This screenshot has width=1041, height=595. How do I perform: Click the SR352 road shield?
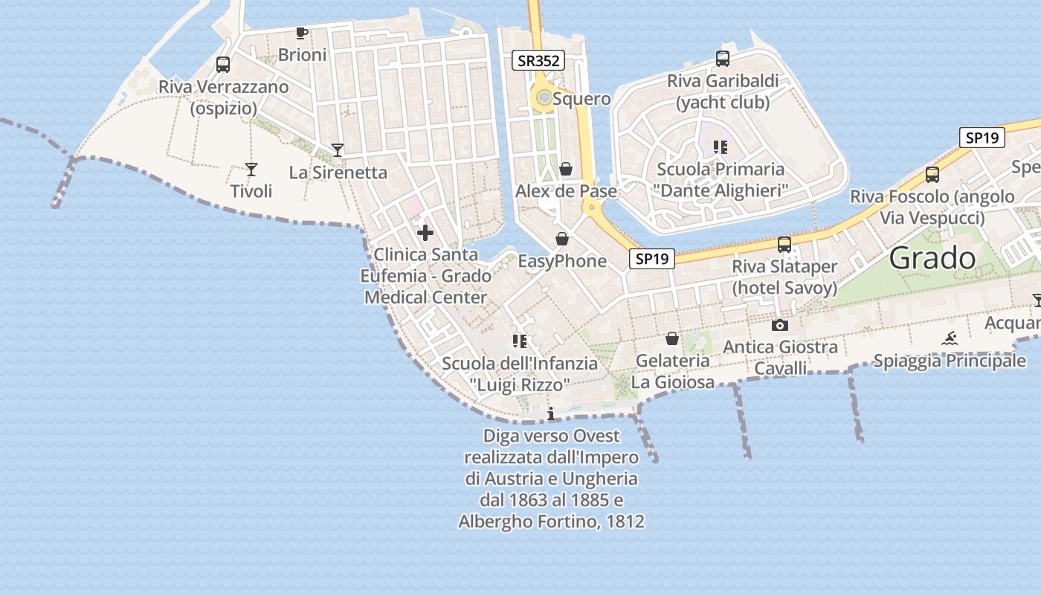point(538,60)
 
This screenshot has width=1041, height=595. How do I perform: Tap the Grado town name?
point(932,258)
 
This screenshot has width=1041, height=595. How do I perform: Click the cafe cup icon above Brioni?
point(301,33)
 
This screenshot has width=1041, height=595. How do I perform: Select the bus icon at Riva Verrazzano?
point(223,65)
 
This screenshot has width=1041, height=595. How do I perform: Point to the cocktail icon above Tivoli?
point(251,170)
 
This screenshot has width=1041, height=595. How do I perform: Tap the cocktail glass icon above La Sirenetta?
point(338,150)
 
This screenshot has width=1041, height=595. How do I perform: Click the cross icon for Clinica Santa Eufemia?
point(425,234)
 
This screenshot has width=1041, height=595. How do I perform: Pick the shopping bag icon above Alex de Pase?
point(566,170)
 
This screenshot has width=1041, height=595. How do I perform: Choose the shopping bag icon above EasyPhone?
point(562,239)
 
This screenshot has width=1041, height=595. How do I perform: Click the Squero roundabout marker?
point(544,97)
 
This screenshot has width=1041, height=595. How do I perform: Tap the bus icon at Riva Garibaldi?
point(722,59)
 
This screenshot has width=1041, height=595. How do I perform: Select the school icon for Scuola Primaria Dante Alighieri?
point(720,147)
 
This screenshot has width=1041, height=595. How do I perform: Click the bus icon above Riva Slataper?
point(784,245)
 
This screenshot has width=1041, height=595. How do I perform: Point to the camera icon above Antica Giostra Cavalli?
point(780,325)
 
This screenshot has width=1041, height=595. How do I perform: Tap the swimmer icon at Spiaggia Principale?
point(950,339)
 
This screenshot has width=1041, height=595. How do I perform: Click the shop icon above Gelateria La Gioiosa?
point(672,339)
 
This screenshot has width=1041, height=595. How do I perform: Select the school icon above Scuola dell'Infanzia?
point(520,341)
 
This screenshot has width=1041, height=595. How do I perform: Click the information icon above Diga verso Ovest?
point(551,414)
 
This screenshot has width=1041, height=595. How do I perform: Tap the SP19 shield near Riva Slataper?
point(651,259)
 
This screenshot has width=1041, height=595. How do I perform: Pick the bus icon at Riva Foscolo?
point(932,175)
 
